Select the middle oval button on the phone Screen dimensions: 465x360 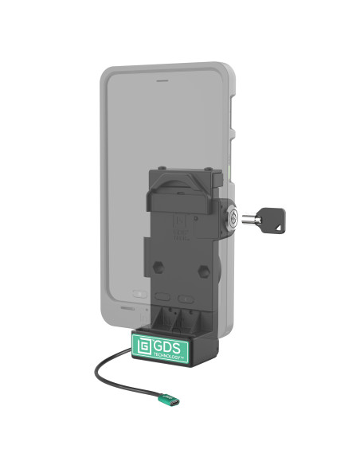(162, 294)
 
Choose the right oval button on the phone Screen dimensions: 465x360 (186, 298)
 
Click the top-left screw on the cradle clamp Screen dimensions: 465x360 (161, 168)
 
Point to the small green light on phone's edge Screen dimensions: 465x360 (229, 170)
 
